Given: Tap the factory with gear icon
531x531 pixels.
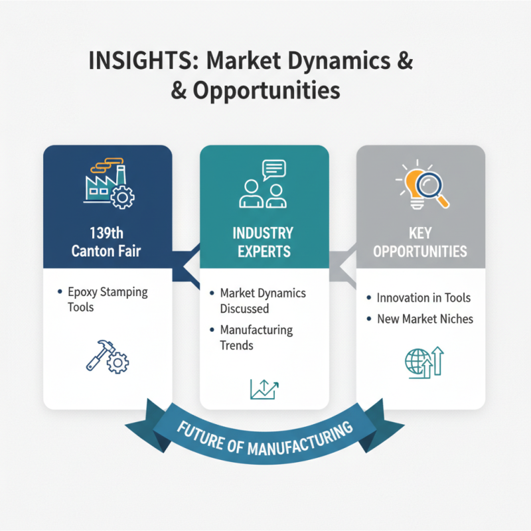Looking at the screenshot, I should pyautogui.click(x=109, y=184).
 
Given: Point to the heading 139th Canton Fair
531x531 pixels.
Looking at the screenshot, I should pyautogui.click(x=108, y=243).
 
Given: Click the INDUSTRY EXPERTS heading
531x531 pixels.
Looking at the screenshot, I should pyautogui.click(x=264, y=243).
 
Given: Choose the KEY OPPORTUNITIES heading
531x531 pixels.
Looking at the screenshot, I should pyautogui.click(x=420, y=243).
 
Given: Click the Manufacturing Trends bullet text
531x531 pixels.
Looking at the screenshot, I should pyautogui.click(x=256, y=337).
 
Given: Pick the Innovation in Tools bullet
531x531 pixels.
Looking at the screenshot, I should pyautogui.click(x=423, y=298).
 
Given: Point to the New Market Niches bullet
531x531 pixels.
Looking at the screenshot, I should pyautogui.click(x=425, y=319).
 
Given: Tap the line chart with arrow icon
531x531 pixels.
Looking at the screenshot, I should pyautogui.click(x=264, y=389).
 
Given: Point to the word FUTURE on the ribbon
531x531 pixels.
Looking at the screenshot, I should pyautogui.click(x=199, y=433).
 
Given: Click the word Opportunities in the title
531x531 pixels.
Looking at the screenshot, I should pyautogui.click(x=265, y=91).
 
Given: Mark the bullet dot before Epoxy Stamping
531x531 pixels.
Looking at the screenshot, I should pyautogui.click(x=61, y=292).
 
